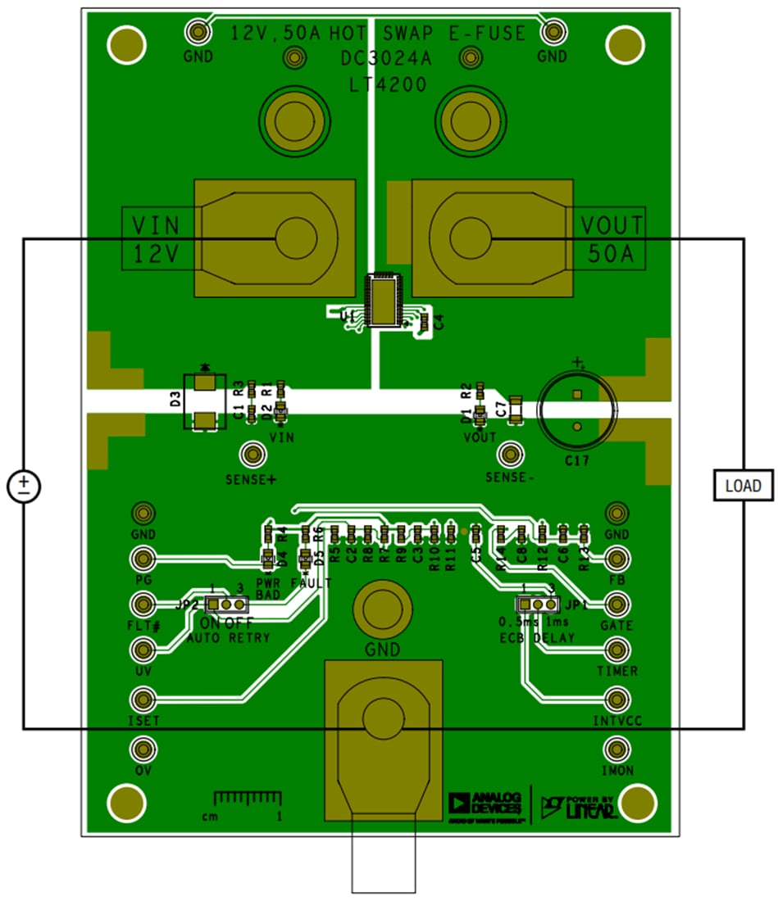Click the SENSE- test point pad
click(512, 454)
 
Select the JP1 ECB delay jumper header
click(537, 604)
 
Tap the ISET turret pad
click(143, 700)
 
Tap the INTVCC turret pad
click(616, 700)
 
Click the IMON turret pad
click(616, 749)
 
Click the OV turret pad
click(143, 749)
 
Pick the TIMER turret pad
click(616, 650)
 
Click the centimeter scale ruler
click(248, 799)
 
